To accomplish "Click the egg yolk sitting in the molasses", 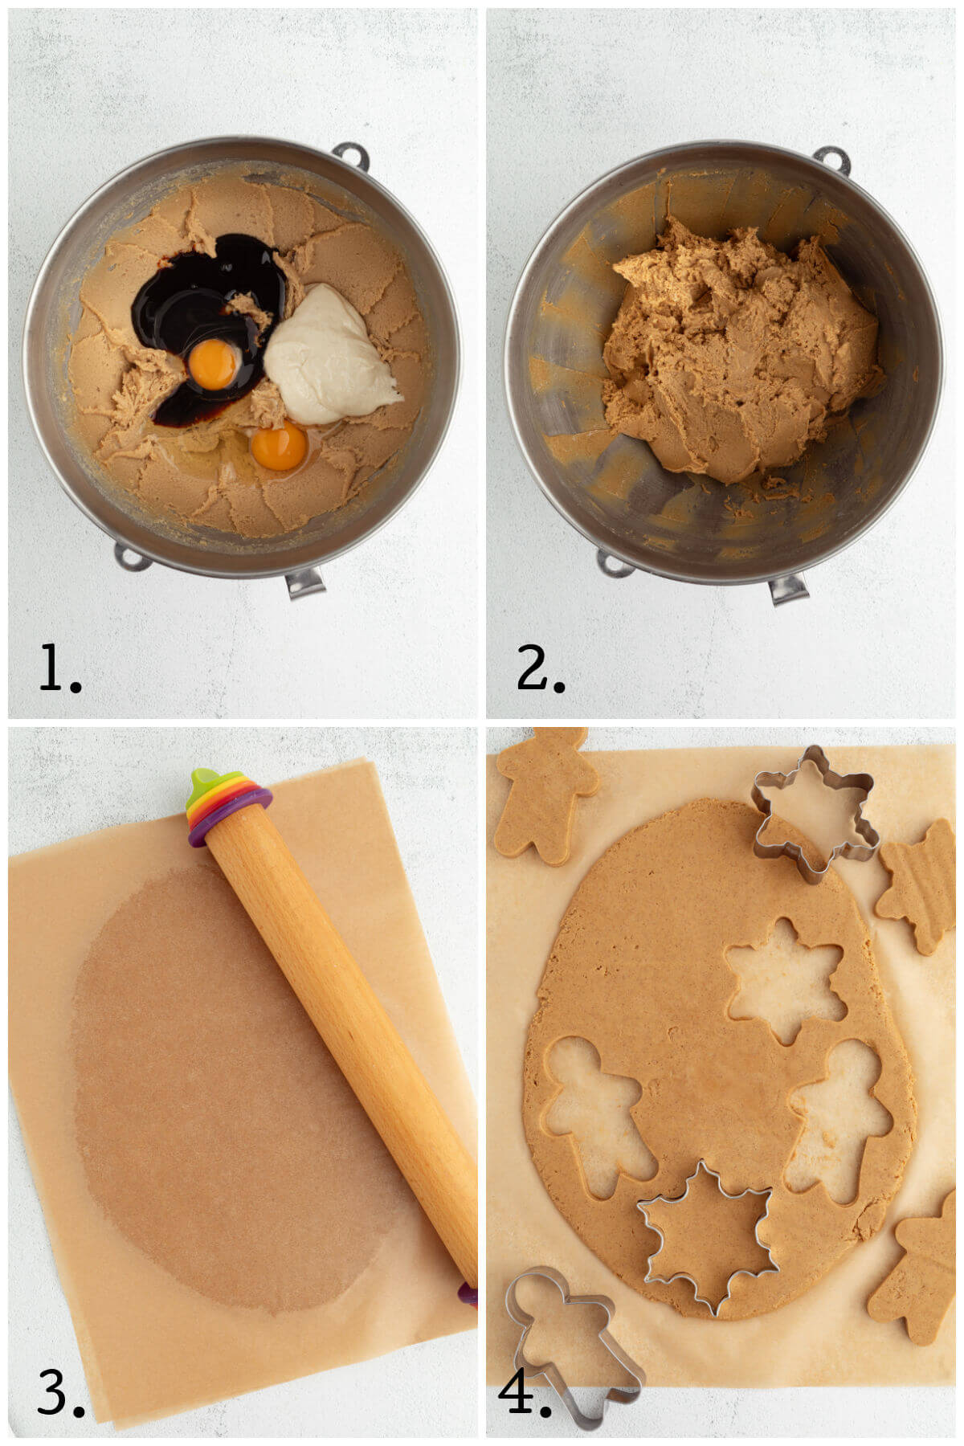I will coord(214,364).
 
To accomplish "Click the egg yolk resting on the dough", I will coord(279,447).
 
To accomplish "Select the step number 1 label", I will coord(59,668).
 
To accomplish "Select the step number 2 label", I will coord(540,668).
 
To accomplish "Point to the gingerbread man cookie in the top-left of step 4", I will coord(545,791).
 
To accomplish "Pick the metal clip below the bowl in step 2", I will coord(788,589).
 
